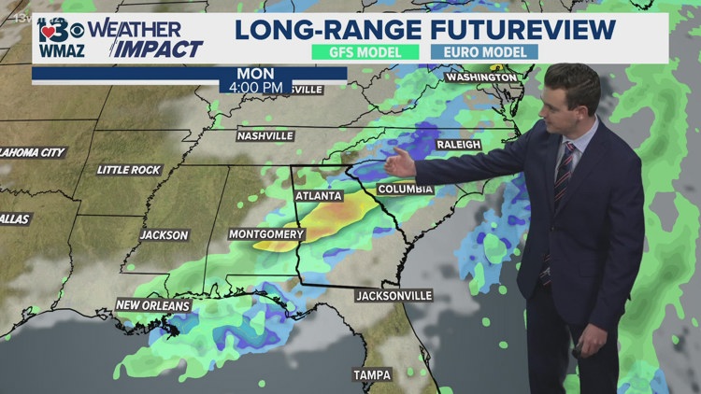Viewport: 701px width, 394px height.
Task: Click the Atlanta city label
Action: [x=319, y=196]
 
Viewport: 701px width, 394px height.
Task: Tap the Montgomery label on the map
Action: [x=266, y=233]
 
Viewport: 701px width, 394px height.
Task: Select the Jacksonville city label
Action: [x=394, y=296]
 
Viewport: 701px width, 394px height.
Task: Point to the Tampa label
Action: [x=372, y=374]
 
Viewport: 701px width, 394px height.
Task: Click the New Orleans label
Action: [x=152, y=305]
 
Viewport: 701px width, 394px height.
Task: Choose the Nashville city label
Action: [x=265, y=136]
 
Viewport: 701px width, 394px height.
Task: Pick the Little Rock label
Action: [x=129, y=170]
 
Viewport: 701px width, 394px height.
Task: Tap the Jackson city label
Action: [x=165, y=235]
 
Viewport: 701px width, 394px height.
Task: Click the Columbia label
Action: [x=405, y=190]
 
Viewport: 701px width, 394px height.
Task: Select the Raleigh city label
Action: [x=457, y=145]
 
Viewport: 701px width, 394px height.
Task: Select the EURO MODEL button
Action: [x=484, y=52]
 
